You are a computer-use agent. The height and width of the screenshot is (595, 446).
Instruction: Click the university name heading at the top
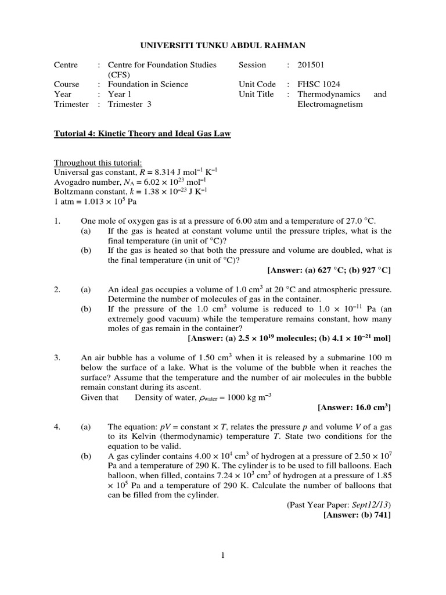tap(223, 45)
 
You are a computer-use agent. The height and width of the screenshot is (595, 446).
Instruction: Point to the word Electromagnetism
tap(330, 104)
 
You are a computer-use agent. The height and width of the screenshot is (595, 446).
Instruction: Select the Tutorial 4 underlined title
tap(142, 134)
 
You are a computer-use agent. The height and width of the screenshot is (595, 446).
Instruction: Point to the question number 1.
tap(57, 221)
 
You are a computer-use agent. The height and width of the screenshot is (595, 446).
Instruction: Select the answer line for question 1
tap(329, 270)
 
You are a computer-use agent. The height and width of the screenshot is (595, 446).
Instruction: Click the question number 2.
tap(57, 289)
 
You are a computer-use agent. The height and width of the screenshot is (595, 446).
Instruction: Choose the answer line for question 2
tap(289, 338)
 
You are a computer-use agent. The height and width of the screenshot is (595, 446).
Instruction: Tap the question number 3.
tap(57, 358)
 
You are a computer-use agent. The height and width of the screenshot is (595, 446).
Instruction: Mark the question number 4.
tap(57, 426)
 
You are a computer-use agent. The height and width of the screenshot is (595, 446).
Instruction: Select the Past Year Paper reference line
tap(339, 505)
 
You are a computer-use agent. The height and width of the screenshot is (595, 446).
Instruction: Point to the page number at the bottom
tap(223, 556)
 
